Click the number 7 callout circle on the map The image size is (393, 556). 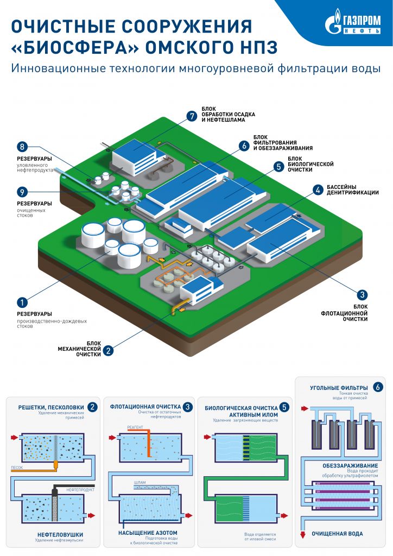[x=191, y=116]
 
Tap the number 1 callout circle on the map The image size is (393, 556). [x=22, y=301]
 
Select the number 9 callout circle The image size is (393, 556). [x=22, y=192]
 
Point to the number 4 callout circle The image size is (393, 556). [x=317, y=190]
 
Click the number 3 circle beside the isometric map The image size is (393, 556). [x=362, y=295]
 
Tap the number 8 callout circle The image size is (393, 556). [x=22, y=147]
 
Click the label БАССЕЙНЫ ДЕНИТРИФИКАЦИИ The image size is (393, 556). [x=352, y=189]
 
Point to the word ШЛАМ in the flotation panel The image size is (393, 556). [x=139, y=482]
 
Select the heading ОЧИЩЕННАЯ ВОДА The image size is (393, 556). [x=337, y=534]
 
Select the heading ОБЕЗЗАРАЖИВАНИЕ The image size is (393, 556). [x=342, y=466]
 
